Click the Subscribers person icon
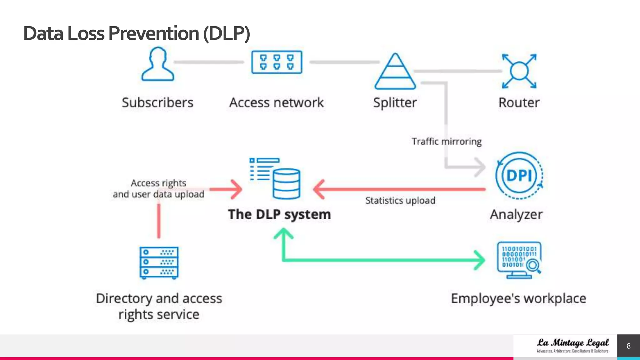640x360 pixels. (x=157, y=64)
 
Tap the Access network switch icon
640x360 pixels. (x=277, y=62)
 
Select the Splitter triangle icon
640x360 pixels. (x=395, y=72)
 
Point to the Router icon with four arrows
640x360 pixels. (x=519, y=71)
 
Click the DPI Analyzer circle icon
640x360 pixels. (x=519, y=175)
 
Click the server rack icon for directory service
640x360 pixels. (x=159, y=262)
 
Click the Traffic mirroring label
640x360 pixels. (x=447, y=142)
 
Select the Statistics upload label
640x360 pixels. (x=400, y=200)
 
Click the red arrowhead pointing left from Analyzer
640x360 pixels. (x=319, y=189)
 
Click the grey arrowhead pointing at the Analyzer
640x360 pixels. (x=480, y=167)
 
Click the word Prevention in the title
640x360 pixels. (x=154, y=33)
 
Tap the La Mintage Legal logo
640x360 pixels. (x=572, y=345)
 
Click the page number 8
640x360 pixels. (x=628, y=346)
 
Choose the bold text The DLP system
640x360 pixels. (x=279, y=214)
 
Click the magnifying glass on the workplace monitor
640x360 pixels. (x=533, y=266)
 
